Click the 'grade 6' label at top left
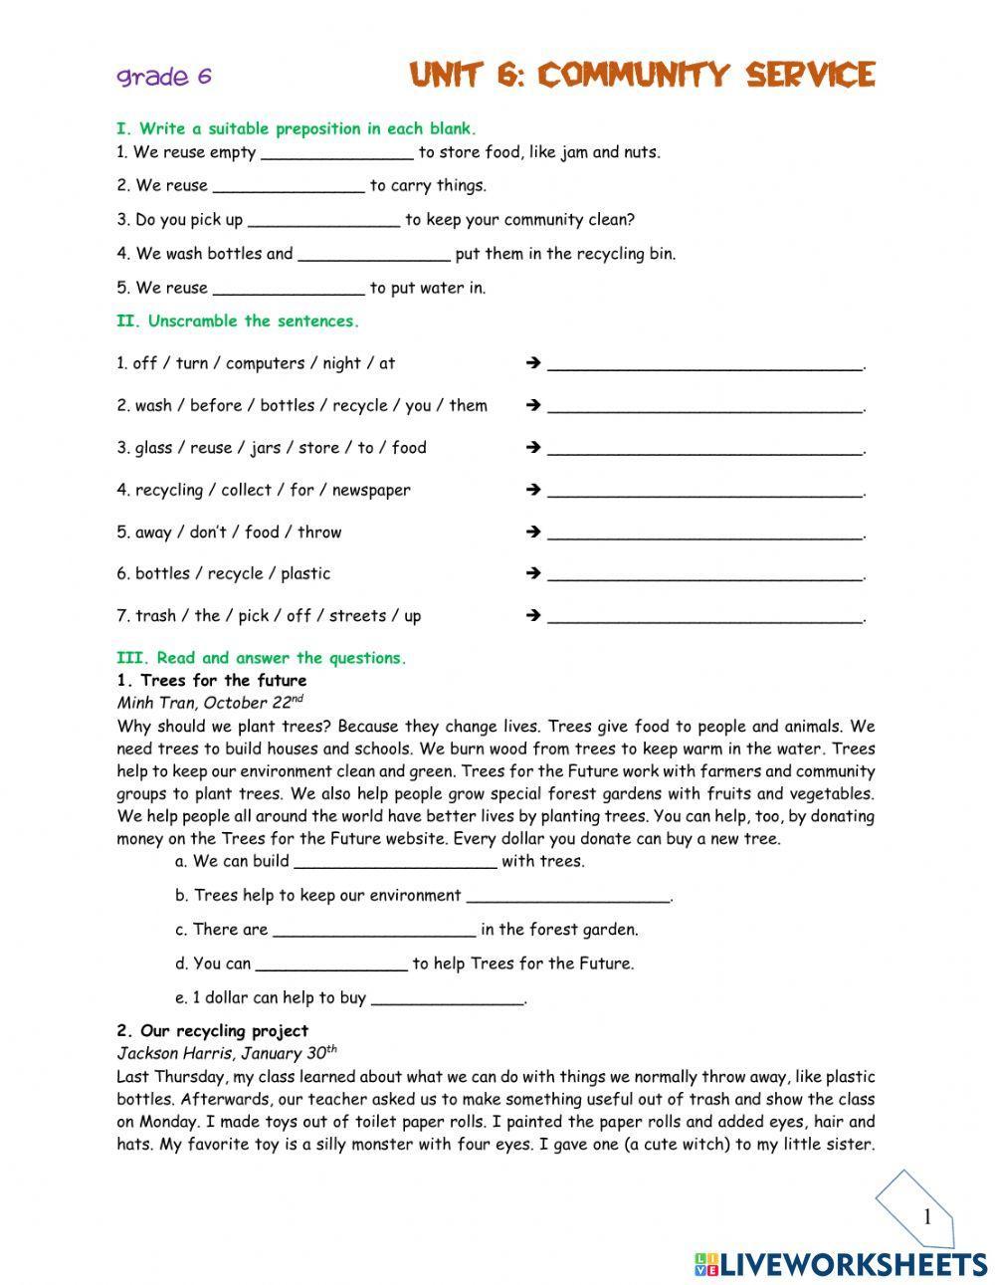pyautogui.click(x=164, y=77)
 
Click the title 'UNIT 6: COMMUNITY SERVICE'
pyautogui.click(x=642, y=76)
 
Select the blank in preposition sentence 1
pyautogui.click(x=336, y=153)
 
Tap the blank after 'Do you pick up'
pyautogui.click(x=323, y=221)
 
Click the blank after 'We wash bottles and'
pyautogui.click(x=374, y=255)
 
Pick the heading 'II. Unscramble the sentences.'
pyautogui.click(x=238, y=321)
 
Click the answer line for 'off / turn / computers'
pyautogui.click(x=704, y=364)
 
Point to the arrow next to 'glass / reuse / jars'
pyautogui.click(x=532, y=448)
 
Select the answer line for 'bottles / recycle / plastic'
pyautogui.click(x=704, y=574)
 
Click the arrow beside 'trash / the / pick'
pyautogui.click(x=532, y=616)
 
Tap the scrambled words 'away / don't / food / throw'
pyautogui.click(x=229, y=533)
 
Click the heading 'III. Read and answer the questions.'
pyautogui.click(x=262, y=658)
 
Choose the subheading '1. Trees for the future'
pyautogui.click(x=212, y=681)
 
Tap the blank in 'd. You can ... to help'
pyautogui.click(x=331, y=964)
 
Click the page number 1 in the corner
pyautogui.click(x=926, y=1216)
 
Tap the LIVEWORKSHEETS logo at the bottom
pyautogui.click(x=841, y=1264)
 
